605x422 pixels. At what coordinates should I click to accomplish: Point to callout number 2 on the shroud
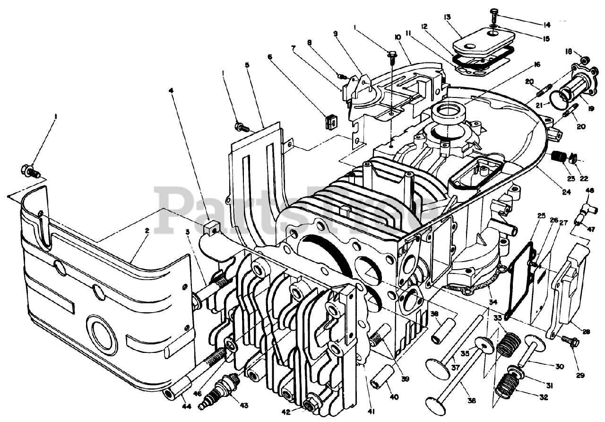tap(147, 231)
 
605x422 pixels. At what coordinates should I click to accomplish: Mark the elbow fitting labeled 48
tap(586, 207)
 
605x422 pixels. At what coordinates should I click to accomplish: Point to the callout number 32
tap(543, 398)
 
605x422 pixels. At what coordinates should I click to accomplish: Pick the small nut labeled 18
tap(584, 60)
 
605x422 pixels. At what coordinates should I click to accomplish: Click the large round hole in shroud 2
tap(103, 334)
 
